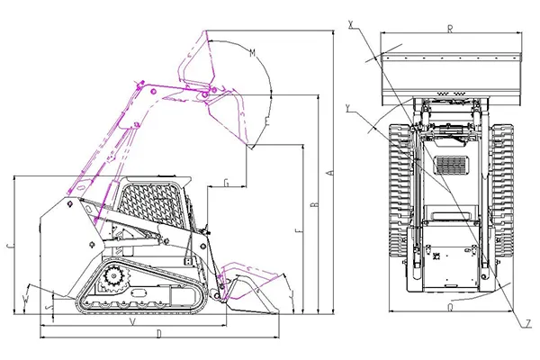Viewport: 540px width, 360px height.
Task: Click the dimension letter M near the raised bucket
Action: pos(253,53)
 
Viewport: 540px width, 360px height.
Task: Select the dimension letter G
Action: pos(225,184)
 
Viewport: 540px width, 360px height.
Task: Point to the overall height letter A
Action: pos(330,171)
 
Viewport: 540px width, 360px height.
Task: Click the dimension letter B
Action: pos(313,205)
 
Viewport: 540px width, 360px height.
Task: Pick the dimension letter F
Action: pos(297,233)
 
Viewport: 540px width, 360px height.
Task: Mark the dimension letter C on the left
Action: pos(8,244)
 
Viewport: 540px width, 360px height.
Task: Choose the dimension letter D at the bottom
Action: pos(158,334)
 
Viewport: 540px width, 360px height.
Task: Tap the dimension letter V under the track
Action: pos(133,321)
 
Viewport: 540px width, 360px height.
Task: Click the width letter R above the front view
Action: pos(449,30)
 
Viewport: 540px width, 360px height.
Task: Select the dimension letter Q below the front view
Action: pos(449,306)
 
